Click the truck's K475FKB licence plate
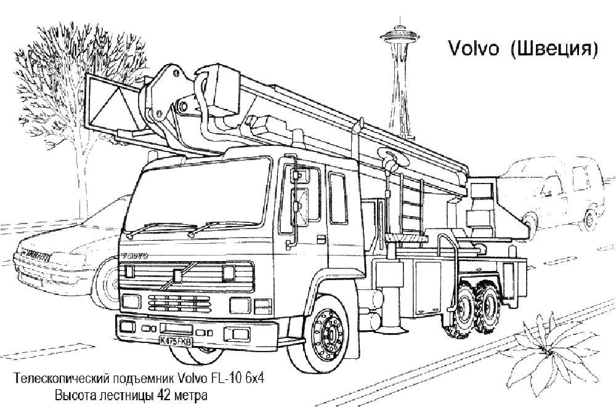[176, 341]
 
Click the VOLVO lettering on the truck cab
[135, 256]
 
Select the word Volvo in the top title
[473, 49]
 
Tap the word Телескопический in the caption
[62, 379]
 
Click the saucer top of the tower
[400, 35]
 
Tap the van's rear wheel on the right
[590, 220]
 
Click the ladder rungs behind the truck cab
[411, 207]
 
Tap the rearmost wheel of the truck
[487, 308]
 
